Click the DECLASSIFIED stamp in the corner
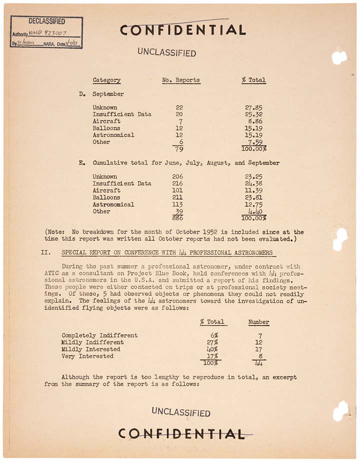tap(46, 32)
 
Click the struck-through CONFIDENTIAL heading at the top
tap(182, 30)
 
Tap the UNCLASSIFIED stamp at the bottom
tap(181, 412)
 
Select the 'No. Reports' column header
tap(181, 80)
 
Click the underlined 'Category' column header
tap(106, 80)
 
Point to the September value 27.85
tap(254, 107)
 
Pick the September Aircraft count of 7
tap(180, 121)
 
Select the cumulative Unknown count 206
tap(177, 176)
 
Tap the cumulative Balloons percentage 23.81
tap(254, 197)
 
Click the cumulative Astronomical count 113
tap(177, 204)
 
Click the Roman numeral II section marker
tap(44, 253)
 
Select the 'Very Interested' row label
tap(87, 356)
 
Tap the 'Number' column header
tap(258, 322)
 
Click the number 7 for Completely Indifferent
tap(259, 335)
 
